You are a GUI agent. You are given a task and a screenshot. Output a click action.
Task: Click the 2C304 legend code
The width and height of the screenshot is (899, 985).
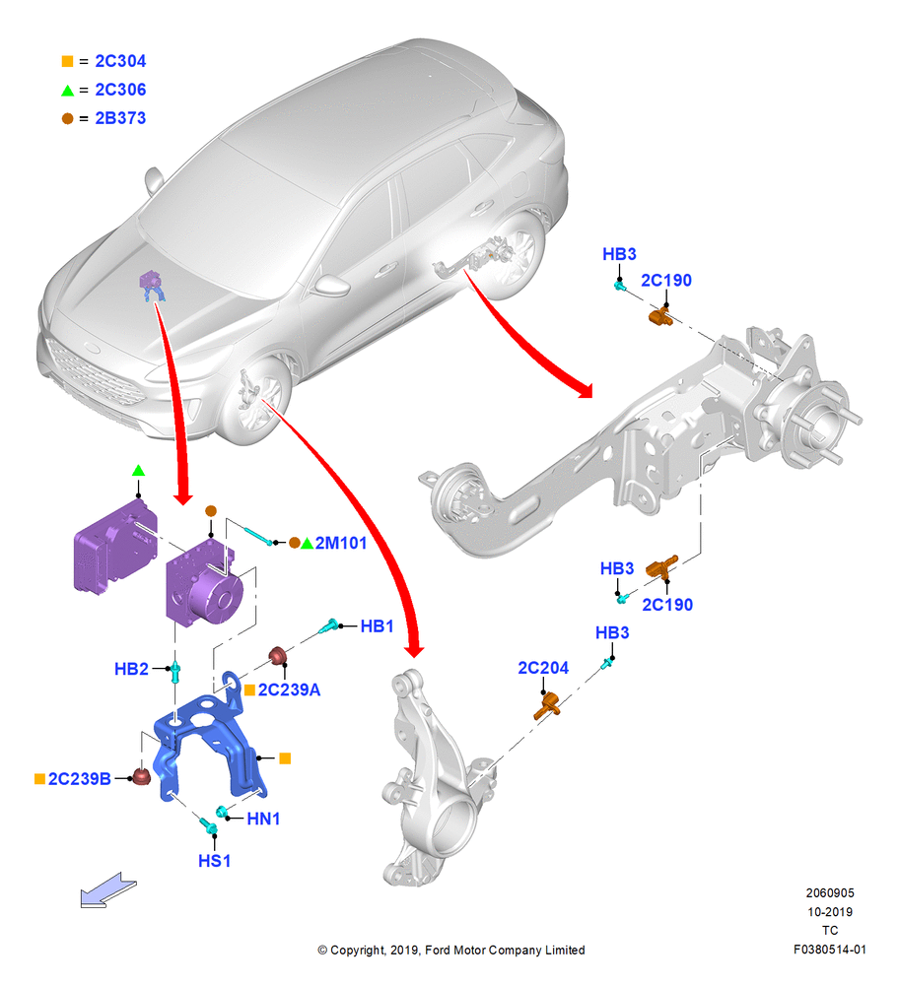[x=120, y=61]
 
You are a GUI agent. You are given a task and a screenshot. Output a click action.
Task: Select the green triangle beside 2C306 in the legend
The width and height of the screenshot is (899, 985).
[x=67, y=91]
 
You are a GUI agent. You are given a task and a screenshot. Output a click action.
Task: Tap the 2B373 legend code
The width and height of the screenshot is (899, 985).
[x=120, y=118]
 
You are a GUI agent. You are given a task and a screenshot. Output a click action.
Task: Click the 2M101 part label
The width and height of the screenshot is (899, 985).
[x=341, y=543]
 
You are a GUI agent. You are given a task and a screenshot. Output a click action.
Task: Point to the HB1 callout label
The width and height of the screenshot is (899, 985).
[x=377, y=626]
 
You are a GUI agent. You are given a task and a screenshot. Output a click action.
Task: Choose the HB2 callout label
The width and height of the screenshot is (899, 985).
[x=131, y=669]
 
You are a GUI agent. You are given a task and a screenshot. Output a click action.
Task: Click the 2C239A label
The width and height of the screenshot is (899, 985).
[x=289, y=689]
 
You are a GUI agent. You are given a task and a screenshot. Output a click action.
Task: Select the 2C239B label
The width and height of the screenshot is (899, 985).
[x=79, y=779]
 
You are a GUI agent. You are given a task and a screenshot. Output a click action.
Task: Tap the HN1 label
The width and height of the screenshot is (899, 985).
[x=263, y=819]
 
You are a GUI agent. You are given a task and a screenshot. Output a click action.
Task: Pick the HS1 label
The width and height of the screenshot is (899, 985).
[x=214, y=861]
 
